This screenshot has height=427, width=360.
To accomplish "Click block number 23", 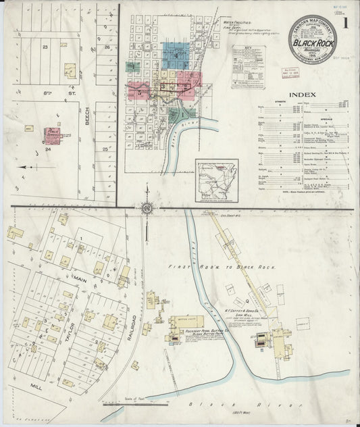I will pyautogui.click(x=45, y=47).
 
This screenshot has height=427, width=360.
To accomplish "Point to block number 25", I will pyautogui.click(x=105, y=148).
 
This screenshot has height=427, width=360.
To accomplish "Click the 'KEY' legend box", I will pyautogui.click(x=247, y=58).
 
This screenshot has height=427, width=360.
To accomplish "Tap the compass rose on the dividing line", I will pyautogui.click(x=146, y=207).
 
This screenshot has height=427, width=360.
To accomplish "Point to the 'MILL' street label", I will pyautogui.click(x=34, y=389).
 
